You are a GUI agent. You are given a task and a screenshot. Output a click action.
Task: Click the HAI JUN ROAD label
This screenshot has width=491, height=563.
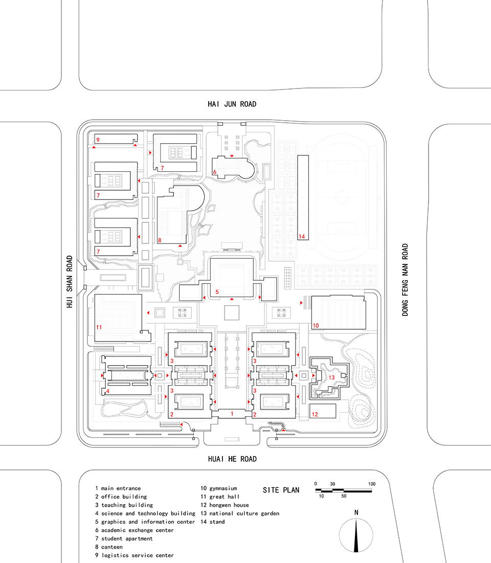click(231, 104)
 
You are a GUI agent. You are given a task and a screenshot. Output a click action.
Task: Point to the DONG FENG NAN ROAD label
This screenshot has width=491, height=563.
click(405, 279)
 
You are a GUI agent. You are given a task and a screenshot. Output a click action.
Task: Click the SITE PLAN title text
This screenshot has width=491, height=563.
click(281, 490)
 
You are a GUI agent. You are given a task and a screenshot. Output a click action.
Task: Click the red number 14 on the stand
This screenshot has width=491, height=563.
click(302, 236)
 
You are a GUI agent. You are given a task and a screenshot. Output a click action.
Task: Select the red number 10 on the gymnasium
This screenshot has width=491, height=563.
click(316, 325)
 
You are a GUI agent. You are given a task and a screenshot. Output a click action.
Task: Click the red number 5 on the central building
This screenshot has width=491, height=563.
click(217, 291)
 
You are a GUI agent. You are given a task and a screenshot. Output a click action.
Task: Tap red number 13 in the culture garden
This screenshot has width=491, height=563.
click(331, 377)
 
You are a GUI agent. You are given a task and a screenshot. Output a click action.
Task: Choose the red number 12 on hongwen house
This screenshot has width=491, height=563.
click(315, 415)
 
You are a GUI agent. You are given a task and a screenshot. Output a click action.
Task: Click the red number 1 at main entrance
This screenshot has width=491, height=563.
click(232, 413)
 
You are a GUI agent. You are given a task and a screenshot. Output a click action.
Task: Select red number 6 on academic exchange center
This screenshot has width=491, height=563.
click(215, 172)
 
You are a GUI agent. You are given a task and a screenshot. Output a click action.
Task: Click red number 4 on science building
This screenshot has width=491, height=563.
click(107, 392)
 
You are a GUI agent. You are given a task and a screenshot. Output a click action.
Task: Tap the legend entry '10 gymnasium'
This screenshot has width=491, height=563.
click(218, 488)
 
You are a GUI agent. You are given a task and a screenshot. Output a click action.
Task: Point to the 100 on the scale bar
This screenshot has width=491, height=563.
click(371, 484)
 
